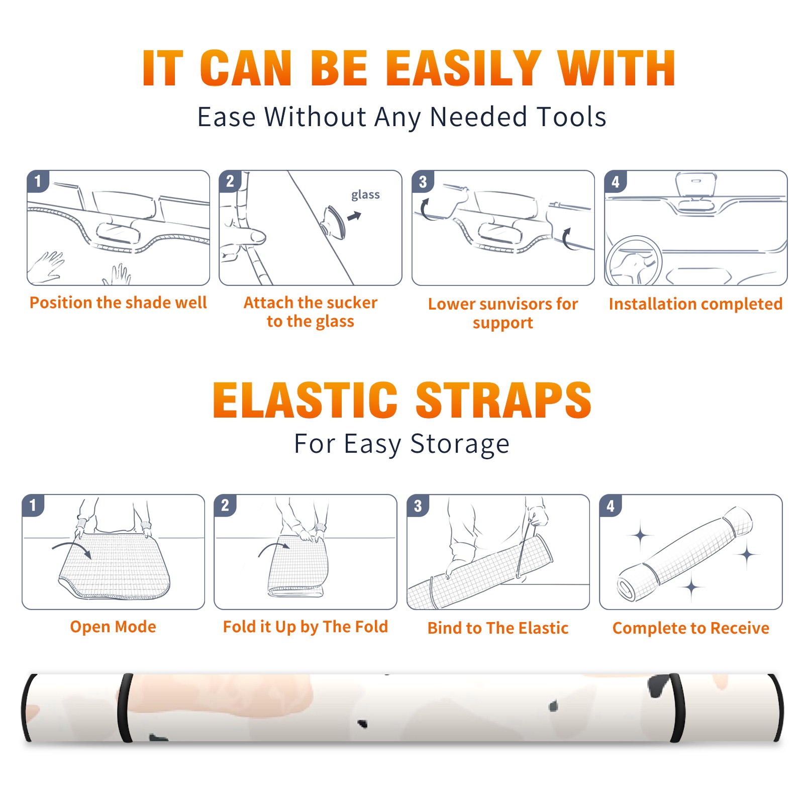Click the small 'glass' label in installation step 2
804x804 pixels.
click(365, 195)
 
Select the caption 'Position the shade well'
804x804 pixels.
click(118, 303)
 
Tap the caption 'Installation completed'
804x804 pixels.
click(695, 304)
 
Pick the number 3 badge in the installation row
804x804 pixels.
click(423, 181)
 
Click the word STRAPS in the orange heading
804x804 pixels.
click(504, 400)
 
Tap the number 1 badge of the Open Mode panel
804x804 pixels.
click(33, 505)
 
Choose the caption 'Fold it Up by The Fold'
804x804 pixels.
click(306, 627)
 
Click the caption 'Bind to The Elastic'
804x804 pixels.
click(498, 628)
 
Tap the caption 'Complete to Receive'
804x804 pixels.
click(691, 628)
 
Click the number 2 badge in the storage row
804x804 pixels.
click(225, 505)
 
